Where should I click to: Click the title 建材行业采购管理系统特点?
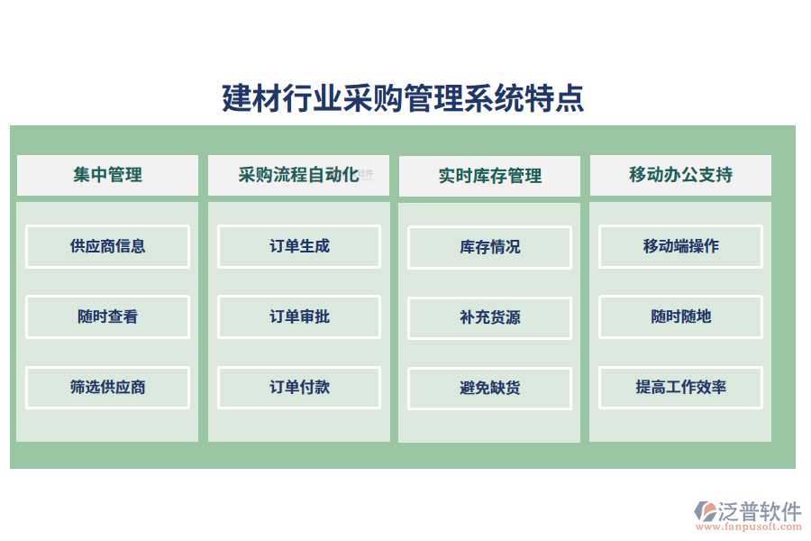pyautogui.click(x=403, y=98)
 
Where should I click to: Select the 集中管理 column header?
pyautogui.click(x=107, y=175)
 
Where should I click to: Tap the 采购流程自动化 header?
pyautogui.click(x=298, y=175)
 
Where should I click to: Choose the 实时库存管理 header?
pyautogui.click(x=489, y=176)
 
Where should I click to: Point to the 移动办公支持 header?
pyautogui.click(x=680, y=175)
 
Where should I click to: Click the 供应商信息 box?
pyautogui.click(x=107, y=246)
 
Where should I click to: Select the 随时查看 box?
pyautogui.click(x=107, y=316)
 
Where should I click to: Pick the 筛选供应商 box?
pyautogui.click(x=107, y=388)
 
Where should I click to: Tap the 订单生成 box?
pyautogui.click(x=299, y=246)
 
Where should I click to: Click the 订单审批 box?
pyautogui.click(x=299, y=316)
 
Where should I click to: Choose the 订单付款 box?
pyautogui.click(x=299, y=388)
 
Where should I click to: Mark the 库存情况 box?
pyautogui.click(x=489, y=247)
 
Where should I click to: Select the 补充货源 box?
pyautogui.click(x=489, y=318)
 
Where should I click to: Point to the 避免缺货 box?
pyautogui.click(x=489, y=389)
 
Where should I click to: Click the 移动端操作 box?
pyautogui.click(x=680, y=246)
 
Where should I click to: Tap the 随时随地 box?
pyautogui.click(x=680, y=316)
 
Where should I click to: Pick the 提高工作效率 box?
pyautogui.click(x=680, y=388)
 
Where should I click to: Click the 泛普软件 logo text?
pyautogui.click(x=759, y=511)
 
